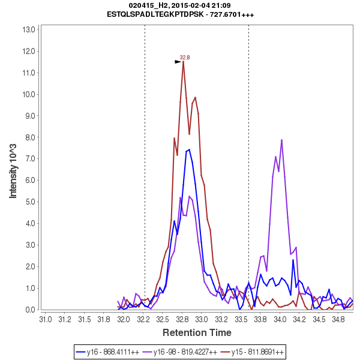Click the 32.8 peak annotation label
tap(185, 58)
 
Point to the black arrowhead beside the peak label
tap(178, 62)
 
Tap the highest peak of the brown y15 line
tap(183, 62)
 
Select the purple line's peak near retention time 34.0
tap(281, 140)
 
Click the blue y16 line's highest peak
tap(189, 149)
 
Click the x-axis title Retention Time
tap(196, 332)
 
